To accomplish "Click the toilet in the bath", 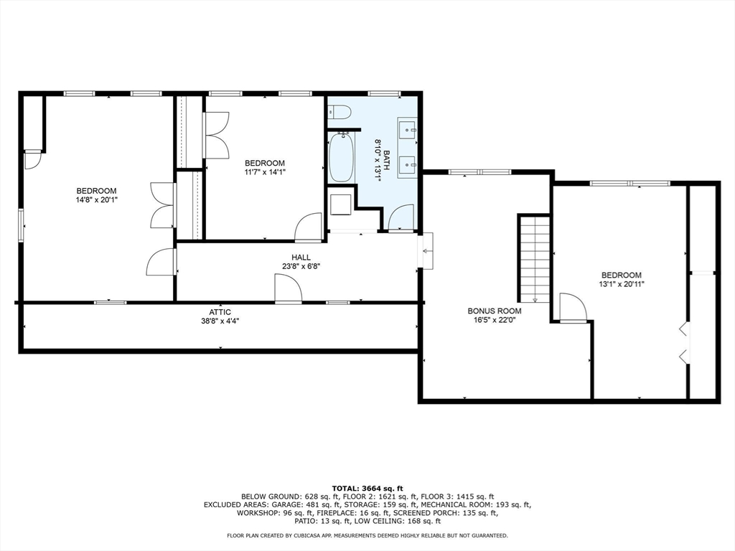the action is point(340,113).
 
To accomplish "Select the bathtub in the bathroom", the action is point(341,157).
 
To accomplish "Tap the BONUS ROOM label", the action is point(494,311).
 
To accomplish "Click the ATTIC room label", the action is point(220,313).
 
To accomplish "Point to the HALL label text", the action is point(301,258).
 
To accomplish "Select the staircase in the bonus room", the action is point(534,258).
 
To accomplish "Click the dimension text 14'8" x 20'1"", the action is point(96,200).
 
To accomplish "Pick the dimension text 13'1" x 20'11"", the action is point(622,284).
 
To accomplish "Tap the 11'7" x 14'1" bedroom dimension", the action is point(265,172).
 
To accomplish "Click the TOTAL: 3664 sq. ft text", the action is point(367,488).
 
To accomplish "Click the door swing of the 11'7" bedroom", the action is point(308,226).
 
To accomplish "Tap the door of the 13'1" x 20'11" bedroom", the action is point(573,307).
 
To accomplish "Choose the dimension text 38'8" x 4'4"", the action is point(220,321).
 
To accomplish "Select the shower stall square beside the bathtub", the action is point(341,204).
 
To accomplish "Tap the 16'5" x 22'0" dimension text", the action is point(494,320).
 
